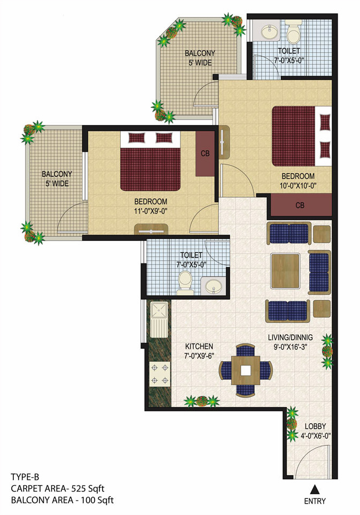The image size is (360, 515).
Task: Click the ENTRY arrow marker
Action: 315,488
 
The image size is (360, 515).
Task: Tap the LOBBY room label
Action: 314,426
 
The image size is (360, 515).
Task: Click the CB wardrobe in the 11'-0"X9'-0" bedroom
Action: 205,154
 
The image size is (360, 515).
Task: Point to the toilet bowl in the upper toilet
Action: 293,34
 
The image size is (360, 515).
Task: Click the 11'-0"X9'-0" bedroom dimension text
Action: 151,210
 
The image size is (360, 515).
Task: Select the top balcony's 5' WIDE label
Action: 200,63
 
